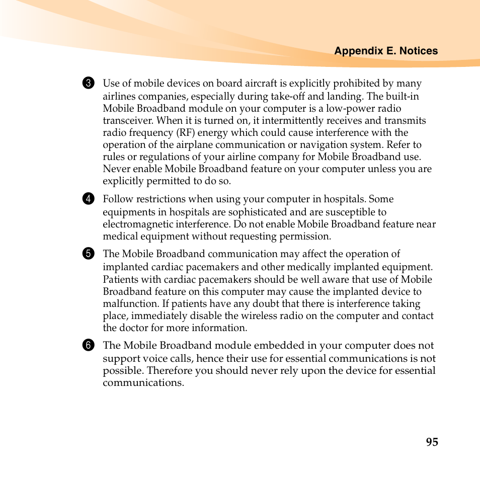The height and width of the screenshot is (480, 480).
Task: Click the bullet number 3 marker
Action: [x=88, y=83]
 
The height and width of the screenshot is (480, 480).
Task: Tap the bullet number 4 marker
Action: [x=88, y=199]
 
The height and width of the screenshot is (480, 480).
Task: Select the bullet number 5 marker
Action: [x=88, y=254]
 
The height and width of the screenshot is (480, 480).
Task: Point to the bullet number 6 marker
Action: [x=88, y=345]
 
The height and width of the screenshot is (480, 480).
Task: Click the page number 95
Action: [x=432, y=442]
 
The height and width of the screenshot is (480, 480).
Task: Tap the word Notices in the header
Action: [x=419, y=51]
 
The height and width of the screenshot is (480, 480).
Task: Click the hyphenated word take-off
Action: [x=286, y=96]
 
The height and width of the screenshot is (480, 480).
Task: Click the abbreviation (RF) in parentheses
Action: [x=185, y=133]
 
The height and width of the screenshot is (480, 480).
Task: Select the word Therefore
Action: [x=169, y=371]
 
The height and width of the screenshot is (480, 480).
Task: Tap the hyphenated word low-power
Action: [x=350, y=109]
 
